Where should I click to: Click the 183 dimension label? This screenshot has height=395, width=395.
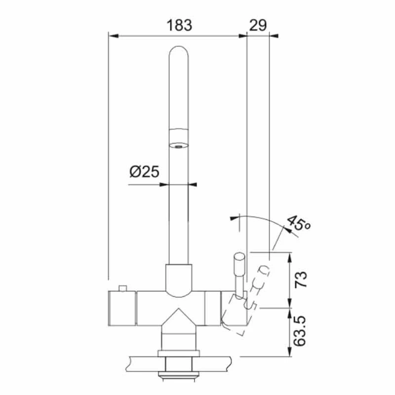[179, 25]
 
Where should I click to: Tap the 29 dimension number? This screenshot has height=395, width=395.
[258, 25]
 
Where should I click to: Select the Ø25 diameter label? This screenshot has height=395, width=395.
[144, 172]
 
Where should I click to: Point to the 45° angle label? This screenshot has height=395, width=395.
[299, 223]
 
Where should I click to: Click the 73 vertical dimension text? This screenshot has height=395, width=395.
[301, 279]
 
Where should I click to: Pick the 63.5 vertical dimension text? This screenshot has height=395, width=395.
[300, 331]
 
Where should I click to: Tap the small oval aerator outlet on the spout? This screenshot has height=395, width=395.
[178, 146]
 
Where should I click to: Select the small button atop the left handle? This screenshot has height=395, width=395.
[122, 288]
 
